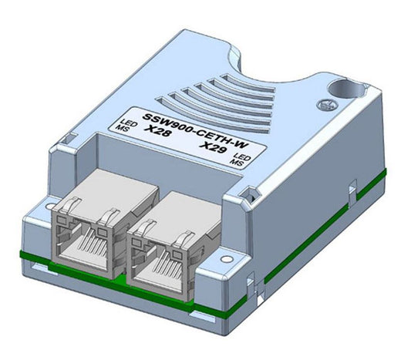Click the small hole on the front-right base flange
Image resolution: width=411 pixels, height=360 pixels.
(227, 251)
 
